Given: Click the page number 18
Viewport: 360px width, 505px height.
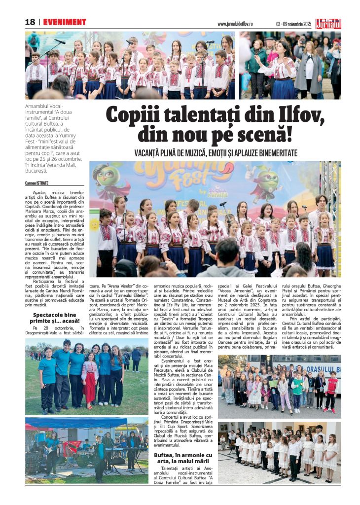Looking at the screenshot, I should [x=30, y=22].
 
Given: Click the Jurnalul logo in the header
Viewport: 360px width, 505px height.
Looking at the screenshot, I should [x=342, y=23].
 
